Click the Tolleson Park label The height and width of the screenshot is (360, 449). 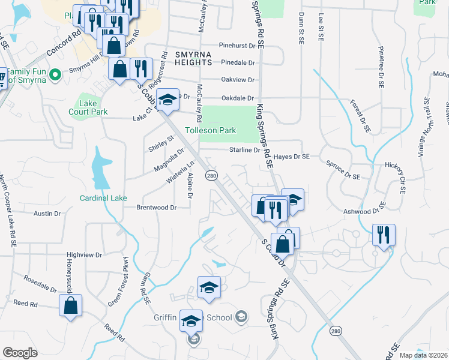point(210,130)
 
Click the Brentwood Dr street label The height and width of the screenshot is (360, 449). point(157,208)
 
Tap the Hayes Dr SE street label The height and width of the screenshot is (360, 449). point(292,156)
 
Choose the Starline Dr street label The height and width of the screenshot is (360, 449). point(243,150)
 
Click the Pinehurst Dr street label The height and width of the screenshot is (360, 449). point(237,45)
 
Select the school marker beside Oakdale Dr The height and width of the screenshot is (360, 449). point(167,99)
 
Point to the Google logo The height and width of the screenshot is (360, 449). point(20,353)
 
